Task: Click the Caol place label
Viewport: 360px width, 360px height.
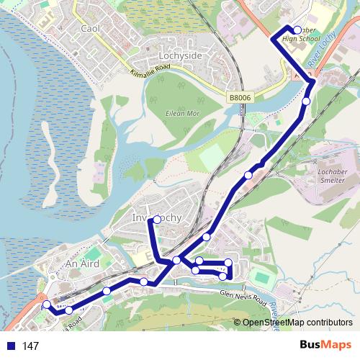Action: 90,28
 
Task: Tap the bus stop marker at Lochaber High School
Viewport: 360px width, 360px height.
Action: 297,30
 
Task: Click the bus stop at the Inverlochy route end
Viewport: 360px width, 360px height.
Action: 157,220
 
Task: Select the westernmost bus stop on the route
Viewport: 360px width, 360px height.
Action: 47,305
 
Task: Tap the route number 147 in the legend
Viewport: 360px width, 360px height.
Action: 30,346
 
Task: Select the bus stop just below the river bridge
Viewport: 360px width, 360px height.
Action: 306,102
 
